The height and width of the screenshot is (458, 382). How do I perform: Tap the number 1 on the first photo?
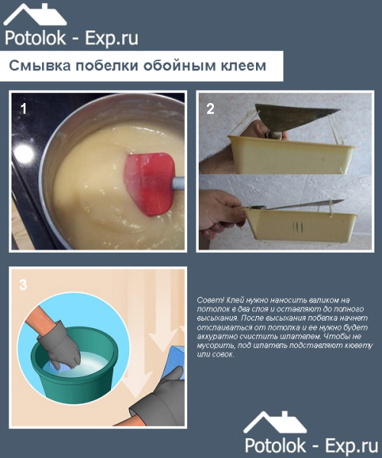pos(24,108)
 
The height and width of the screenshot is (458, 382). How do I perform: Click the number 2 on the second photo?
pos(210,108)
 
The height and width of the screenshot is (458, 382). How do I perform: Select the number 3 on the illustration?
pos(24,285)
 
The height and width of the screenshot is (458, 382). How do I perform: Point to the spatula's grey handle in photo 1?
pos(178,183)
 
